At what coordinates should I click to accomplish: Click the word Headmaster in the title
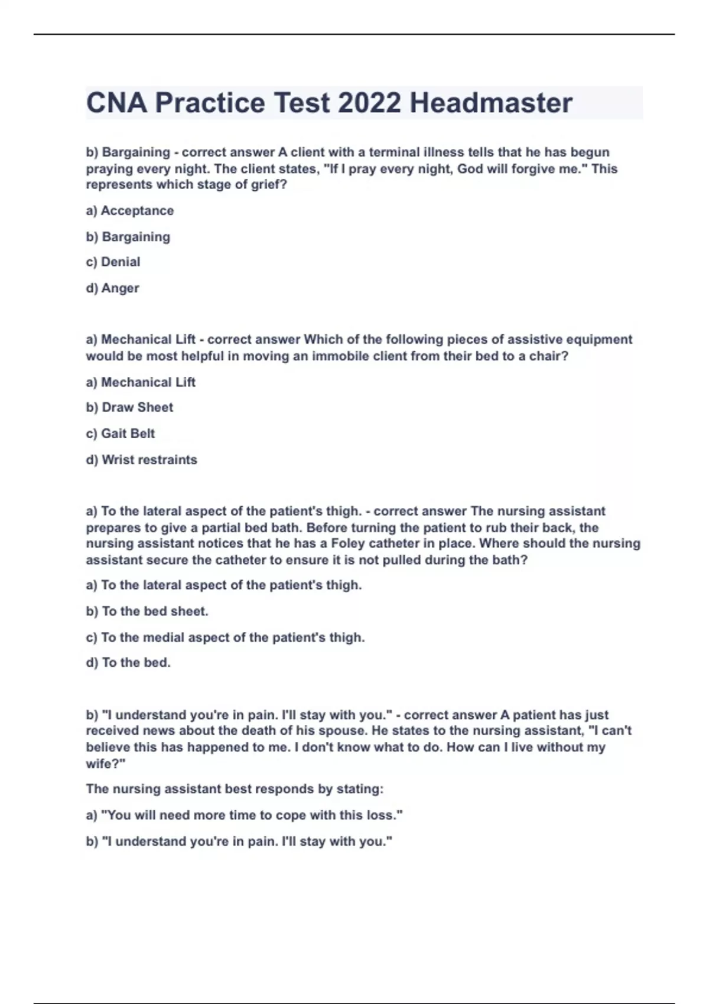491,103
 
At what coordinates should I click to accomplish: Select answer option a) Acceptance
130,211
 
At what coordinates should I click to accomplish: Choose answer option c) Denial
113,262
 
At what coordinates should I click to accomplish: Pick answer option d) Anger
113,288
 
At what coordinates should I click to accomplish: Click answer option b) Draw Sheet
130,408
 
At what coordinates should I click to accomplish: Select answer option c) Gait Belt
121,433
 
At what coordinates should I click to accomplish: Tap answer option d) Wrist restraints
142,459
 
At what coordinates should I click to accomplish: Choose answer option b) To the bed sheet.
147,611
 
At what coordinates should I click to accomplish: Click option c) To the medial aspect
225,638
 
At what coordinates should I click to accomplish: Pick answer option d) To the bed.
128,663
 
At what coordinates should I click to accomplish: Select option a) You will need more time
244,816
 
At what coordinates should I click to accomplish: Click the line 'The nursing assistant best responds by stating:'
235,789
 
